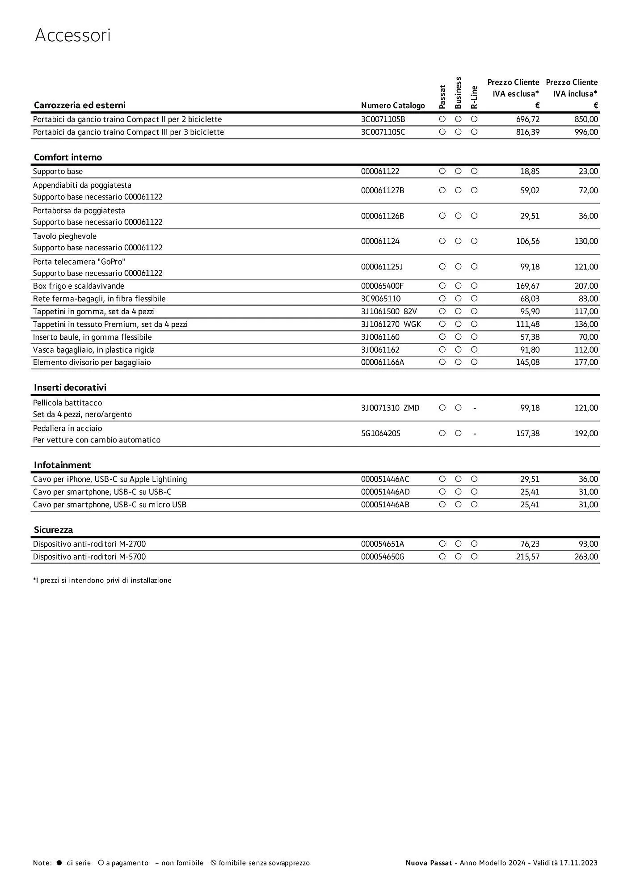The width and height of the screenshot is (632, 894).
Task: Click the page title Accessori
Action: [72, 35]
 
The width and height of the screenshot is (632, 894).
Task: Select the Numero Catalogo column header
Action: [392, 105]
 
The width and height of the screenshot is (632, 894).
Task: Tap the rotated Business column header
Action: [458, 93]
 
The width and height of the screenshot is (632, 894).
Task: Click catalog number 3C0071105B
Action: [383, 119]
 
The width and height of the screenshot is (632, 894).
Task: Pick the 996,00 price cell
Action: [586, 132]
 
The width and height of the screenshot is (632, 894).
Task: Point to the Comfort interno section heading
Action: [68, 157]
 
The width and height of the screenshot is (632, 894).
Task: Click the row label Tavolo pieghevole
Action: [65, 236]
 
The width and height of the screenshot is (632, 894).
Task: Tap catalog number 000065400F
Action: [382, 286]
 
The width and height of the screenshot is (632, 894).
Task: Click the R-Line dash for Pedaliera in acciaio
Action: [474, 434]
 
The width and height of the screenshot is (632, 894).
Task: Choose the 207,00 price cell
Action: [586, 286]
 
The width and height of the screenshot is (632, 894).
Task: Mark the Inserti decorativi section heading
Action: [70, 388]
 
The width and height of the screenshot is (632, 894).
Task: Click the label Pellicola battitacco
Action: [67, 403]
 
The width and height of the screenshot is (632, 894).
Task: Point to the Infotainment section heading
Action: [63, 465]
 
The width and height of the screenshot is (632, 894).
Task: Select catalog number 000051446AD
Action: [385, 492]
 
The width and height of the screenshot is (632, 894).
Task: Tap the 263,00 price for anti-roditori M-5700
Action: [586, 557]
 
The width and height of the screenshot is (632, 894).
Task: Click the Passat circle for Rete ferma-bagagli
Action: [442, 299]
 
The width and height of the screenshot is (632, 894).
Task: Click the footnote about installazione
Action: [102, 581]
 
